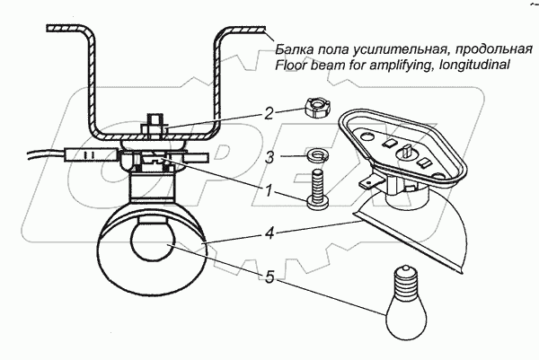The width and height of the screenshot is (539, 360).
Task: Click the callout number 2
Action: click(268, 114)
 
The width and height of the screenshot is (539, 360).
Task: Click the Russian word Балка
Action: click(295, 48)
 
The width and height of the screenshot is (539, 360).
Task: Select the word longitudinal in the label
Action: click(474, 65)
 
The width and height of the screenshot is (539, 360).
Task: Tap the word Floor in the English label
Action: click(292, 65)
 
